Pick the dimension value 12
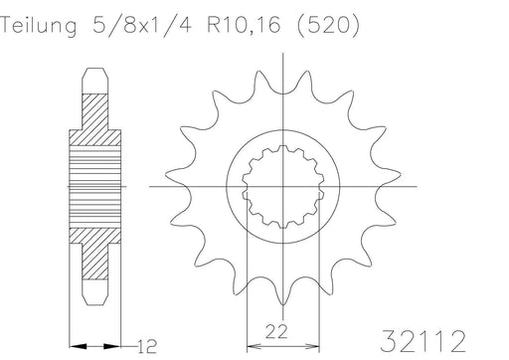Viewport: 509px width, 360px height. pos(146,345)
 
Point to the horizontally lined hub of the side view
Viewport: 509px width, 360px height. pos(95,186)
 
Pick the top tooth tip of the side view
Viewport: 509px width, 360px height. pos(95,71)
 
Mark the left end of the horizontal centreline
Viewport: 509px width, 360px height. pos(150,186)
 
